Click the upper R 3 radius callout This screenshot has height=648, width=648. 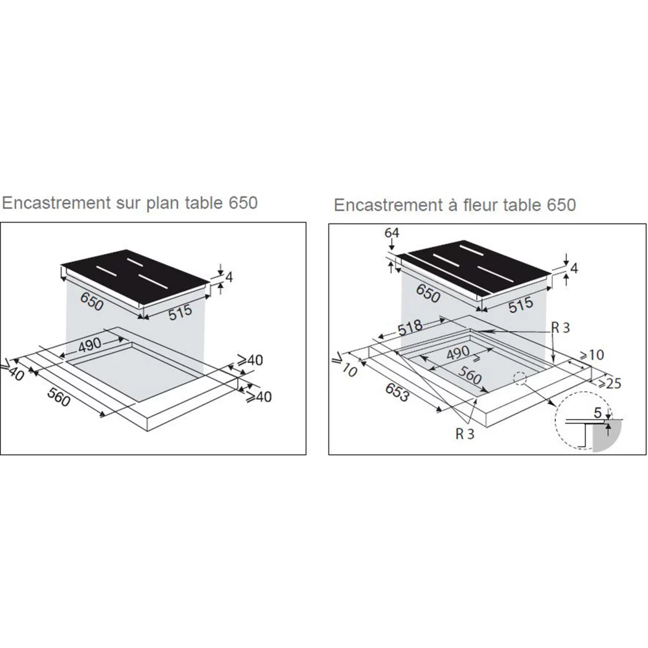click(561, 327)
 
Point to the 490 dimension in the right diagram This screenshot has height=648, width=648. click(456, 353)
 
